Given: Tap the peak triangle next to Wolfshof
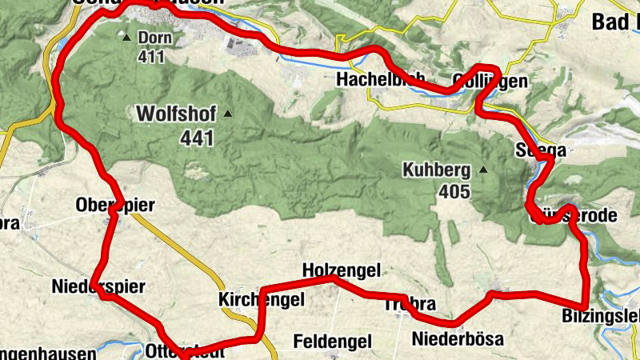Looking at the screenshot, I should tap(228, 114).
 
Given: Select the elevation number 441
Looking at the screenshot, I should tap(198, 138).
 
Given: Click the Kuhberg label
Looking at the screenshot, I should tap(437, 170).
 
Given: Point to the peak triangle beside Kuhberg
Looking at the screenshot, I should tap(483, 170).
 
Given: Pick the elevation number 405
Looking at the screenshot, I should tap(454, 192).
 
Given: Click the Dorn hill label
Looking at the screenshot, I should tap(155, 38).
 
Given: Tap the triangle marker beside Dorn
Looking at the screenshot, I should tap(126, 37).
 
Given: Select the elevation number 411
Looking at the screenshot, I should tap(150, 56).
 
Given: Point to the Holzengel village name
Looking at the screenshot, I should tap(342, 271).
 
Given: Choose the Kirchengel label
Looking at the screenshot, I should tap(262, 300).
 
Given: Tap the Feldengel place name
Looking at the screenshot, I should tap(333, 342).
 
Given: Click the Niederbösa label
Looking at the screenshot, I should tap(458, 339).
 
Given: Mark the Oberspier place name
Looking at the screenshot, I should tap(114, 206).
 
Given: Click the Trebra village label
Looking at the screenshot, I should tap(410, 305).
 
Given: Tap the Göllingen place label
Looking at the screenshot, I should tap(490, 81).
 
